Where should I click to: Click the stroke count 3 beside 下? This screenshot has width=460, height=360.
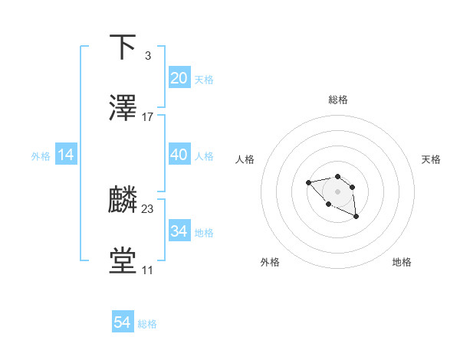click(147, 55)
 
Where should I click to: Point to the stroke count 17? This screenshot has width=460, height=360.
click(148, 117)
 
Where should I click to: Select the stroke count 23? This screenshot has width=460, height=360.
click(148, 209)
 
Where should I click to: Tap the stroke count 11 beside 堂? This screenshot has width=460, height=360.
click(147, 270)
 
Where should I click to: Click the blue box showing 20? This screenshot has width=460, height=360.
click(179, 78)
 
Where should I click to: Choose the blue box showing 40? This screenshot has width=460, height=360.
click(179, 155)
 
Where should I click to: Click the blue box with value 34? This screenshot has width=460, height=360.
click(179, 231)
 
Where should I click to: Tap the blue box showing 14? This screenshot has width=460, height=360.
click(66, 155)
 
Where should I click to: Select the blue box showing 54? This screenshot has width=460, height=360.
click(123, 322)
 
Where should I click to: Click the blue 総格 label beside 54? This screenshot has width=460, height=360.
click(147, 324)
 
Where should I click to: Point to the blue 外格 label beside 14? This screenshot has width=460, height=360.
click(41, 156)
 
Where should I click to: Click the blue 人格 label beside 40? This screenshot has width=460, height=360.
click(204, 156)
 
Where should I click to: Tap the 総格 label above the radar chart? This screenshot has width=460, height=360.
click(337, 100)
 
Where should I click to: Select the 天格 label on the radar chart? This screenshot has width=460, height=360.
click(432, 159)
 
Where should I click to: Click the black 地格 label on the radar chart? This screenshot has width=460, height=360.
click(402, 262)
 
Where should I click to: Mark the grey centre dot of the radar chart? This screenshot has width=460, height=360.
click(337, 191)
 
